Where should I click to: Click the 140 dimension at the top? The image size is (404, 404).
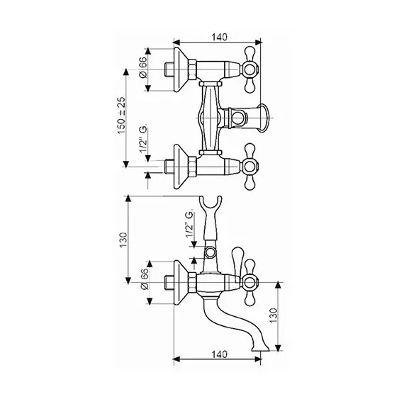[220, 37]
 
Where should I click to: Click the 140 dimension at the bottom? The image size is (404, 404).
[220, 354]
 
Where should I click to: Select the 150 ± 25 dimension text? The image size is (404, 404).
[121, 116]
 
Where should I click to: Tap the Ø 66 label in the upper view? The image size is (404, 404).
[142, 67]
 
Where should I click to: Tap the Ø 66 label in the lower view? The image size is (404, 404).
[145, 279]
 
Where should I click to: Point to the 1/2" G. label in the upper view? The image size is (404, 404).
[143, 139]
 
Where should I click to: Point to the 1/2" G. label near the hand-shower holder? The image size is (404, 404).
[189, 224]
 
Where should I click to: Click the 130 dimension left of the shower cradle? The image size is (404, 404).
[123, 240]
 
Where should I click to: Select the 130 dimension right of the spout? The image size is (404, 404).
[274, 315]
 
